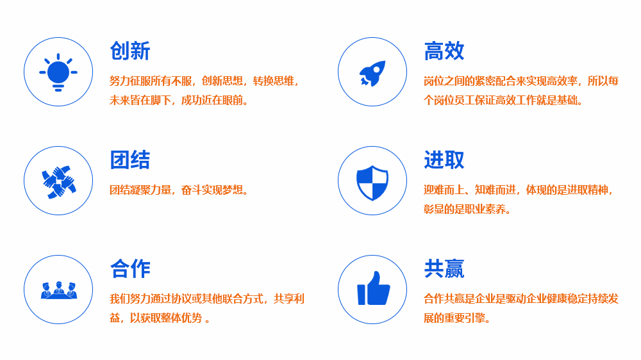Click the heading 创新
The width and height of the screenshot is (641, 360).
click(130, 51)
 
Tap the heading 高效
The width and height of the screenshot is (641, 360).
click(444, 51)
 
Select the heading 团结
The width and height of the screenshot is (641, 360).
click(130, 160)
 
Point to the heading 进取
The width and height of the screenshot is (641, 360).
click(444, 160)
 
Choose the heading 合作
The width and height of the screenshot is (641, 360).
click(130, 269)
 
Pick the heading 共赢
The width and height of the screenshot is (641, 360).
click(444, 269)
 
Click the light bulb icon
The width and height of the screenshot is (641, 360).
click(58, 72)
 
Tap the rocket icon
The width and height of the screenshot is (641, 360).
click(372, 74)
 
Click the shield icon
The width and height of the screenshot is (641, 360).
click(372, 183)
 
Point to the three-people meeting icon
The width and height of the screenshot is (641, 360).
click(58, 290)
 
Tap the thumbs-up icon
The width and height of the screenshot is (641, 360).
click(374, 288)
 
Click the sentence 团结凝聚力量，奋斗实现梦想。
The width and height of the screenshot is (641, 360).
click(179, 190)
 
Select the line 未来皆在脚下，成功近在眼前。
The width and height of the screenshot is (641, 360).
click(179, 100)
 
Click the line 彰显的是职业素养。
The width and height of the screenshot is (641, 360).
click(467, 209)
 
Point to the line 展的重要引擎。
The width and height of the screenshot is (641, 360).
click(457, 318)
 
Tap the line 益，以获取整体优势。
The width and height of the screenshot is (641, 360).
click(160, 318)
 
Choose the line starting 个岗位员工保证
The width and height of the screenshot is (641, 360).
click(503, 100)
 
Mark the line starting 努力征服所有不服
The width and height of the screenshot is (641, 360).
click(204, 81)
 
